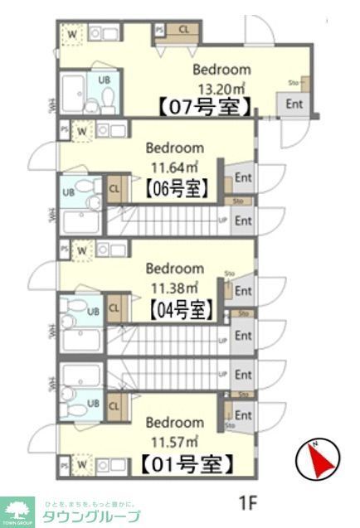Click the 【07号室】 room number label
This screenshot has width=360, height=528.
click(204, 107)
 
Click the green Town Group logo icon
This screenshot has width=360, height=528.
click(17, 509)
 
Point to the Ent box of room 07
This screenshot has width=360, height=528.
click(294, 104)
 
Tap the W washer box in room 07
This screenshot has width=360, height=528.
click(73, 34)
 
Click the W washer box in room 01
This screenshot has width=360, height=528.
click(81, 465)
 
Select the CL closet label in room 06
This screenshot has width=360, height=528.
click(114, 188)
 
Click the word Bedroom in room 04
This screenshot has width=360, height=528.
click(175, 269)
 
